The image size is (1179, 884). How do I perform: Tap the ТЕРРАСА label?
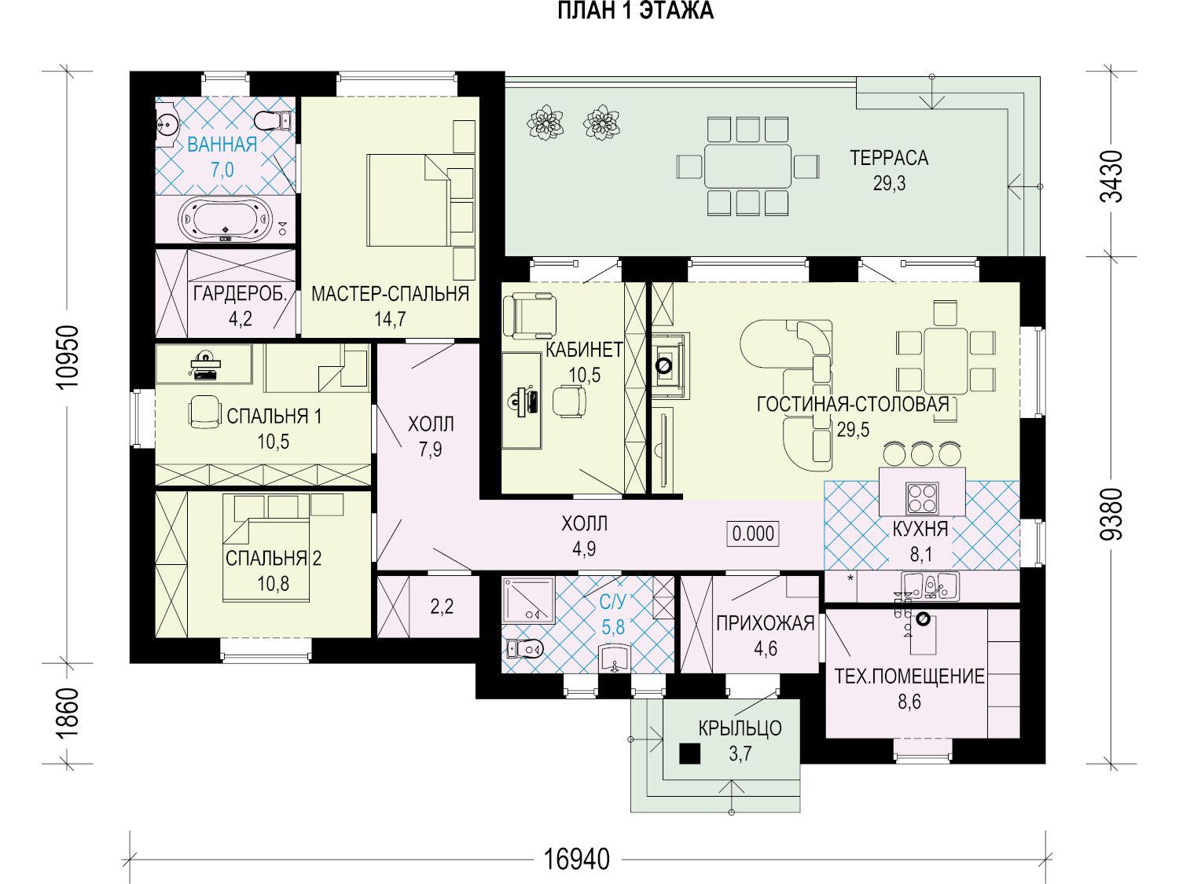(889, 158)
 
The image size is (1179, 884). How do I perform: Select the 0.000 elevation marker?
(753, 534)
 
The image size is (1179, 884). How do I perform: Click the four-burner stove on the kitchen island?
(922, 498)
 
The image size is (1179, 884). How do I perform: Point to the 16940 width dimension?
(577, 860)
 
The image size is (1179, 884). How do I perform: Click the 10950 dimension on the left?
(69, 358)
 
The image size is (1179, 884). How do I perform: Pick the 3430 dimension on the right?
(1111, 177)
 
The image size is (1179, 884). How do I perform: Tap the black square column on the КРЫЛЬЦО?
(689, 754)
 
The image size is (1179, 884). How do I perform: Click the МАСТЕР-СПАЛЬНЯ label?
(390, 294)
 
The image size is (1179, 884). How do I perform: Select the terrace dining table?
(748, 166)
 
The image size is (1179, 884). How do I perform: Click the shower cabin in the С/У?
(528, 600)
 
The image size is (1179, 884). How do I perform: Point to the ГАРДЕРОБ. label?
(240, 294)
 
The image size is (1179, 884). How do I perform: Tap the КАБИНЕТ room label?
(585, 350)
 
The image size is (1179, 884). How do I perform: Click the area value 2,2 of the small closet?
(442, 607)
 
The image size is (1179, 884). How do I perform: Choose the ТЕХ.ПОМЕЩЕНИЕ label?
(909, 677)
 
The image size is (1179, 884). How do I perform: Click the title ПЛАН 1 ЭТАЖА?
(635, 11)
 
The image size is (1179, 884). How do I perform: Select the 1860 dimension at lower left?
(69, 713)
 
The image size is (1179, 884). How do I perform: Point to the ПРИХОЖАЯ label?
(766, 624)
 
